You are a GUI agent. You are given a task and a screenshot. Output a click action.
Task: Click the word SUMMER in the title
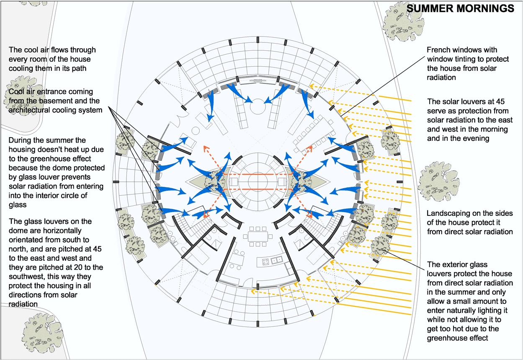430,9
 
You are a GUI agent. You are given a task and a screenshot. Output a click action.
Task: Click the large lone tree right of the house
438,182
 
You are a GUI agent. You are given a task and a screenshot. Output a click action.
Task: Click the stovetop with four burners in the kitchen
266,262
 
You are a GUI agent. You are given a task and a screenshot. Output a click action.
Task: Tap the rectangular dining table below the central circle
258,236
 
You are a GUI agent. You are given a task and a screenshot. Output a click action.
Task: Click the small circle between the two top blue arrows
258,106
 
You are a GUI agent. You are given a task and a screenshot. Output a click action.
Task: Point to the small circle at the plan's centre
258,181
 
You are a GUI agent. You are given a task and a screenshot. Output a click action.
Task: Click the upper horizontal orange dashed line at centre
258,174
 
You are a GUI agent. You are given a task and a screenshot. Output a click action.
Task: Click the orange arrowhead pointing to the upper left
206,148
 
